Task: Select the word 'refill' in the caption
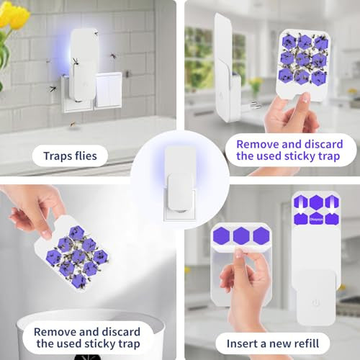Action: point(305,343)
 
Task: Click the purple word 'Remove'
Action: point(257,145)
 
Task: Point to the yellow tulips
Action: point(12,17)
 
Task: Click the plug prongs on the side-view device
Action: point(253,105)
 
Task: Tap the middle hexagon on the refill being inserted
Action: point(241,235)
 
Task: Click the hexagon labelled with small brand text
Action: point(316,219)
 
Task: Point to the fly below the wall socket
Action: point(72,124)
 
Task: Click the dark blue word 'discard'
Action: point(122,332)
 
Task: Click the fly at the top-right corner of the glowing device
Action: point(96,32)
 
